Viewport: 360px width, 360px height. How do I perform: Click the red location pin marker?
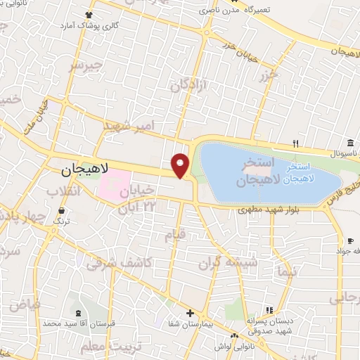[x=181, y=165]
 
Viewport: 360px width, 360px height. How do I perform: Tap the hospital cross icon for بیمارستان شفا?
[x=189, y=313]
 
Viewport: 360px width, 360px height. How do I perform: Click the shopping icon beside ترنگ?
[x=63, y=210]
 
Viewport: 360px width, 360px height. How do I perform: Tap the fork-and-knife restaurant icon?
[x=296, y=144]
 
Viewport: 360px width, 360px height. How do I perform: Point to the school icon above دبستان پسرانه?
[x=268, y=311]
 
